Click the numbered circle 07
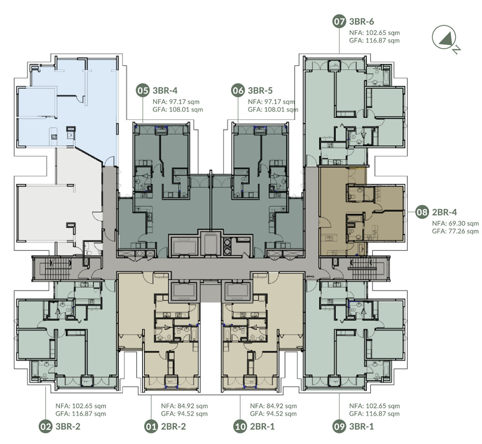pyautogui.click(x=339, y=22)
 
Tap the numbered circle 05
pyautogui.click(x=143, y=91)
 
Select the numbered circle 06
pyautogui.click(x=238, y=91)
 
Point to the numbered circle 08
pyautogui.click(x=422, y=212)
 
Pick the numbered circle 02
pyautogui.click(x=45, y=427)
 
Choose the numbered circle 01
pyautogui.click(x=151, y=427)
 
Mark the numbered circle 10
pyautogui.click(x=240, y=427)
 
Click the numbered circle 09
pyautogui.click(x=339, y=427)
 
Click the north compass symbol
pyautogui.click(x=445, y=39)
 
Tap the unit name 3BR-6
pyautogui.click(x=361, y=22)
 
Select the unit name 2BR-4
pyautogui.click(x=444, y=212)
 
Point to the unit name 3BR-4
pyautogui.click(x=165, y=90)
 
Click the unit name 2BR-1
pyautogui.click(x=262, y=427)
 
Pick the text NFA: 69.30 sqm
pyautogui.click(x=455, y=224)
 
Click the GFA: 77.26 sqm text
pyautogui.click(x=455, y=231)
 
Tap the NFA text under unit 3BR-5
pyautogui.click(x=271, y=102)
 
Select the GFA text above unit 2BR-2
pyautogui.click(x=185, y=414)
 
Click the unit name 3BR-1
pyautogui.click(x=361, y=427)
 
